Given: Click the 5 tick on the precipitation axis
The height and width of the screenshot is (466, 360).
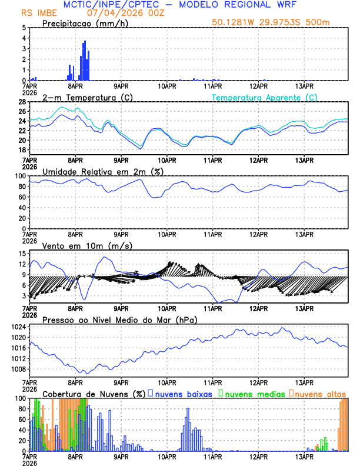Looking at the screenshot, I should (24, 28).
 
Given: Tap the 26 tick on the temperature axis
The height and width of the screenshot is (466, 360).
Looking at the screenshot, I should (22, 111).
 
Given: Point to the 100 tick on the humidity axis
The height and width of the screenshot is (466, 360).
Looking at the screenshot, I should (20, 176).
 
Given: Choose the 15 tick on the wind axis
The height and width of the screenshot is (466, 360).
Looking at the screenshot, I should (22, 254).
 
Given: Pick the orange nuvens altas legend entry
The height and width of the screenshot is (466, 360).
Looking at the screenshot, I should (320, 393).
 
